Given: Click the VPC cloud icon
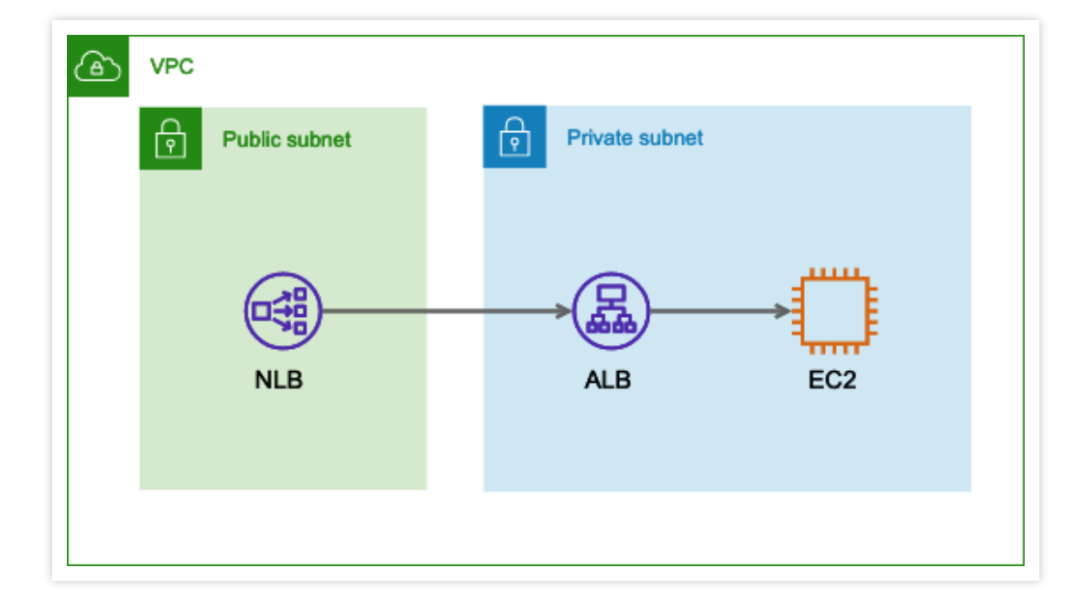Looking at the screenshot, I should pyautogui.click(x=98, y=67).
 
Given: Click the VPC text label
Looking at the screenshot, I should pyautogui.click(x=172, y=67).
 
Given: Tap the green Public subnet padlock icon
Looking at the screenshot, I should pyautogui.click(x=169, y=139).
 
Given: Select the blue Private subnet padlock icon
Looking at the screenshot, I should pyautogui.click(x=514, y=137).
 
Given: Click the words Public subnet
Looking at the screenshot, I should pyautogui.click(x=287, y=139).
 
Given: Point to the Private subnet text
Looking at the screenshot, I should pyautogui.click(x=635, y=138).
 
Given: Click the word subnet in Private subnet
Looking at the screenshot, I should pyautogui.click(x=670, y=138).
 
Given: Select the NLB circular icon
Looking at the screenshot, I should pyautogui.click(x=282, y=311).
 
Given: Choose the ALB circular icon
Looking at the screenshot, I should pyautogui.click(x=611, y=311).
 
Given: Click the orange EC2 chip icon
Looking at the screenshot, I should pyautogui.click(x=832, y=311).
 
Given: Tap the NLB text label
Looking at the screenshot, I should pyautogui.click(x=278, y=379).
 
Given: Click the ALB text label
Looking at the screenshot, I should pyautogui.click(x=607, y=379).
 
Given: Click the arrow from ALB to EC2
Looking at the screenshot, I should pyautogui.click(x=719, y=311).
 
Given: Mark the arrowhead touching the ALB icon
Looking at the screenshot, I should pyautogui.click(x=563, y=311).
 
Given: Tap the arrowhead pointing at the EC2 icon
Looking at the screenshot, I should pyautogui.click(x=782, y=311).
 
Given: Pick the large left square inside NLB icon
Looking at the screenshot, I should pyautogui.click(x=262, y=311).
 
